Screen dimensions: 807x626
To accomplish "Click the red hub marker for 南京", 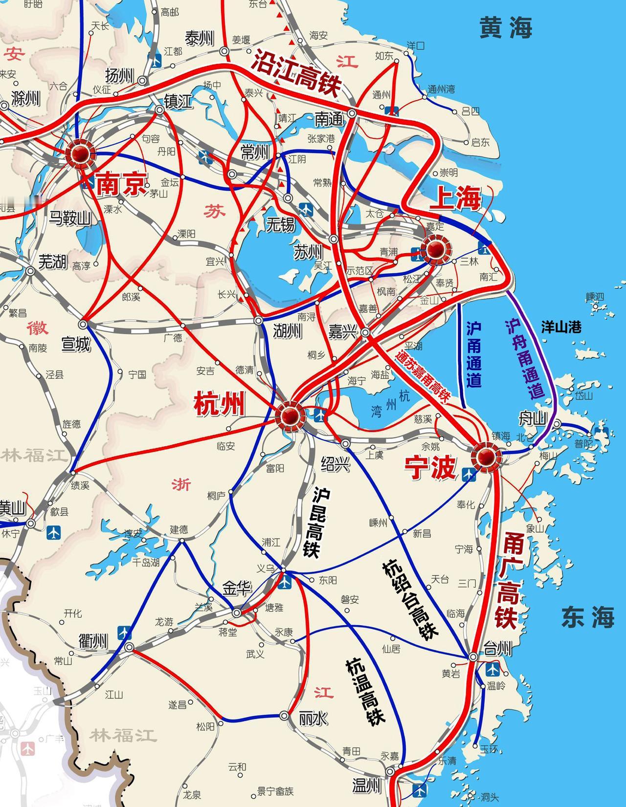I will [80, 153].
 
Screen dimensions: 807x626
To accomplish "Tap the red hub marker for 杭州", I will [291, 416].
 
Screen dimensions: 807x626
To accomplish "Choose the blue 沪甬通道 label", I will [474, 354].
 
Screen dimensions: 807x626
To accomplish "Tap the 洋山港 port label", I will [561, 327].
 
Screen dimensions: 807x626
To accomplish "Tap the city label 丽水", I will [313, 718].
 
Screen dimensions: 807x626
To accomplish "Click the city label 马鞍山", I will [70, 218].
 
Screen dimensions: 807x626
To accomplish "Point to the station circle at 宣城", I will [83, 324].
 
